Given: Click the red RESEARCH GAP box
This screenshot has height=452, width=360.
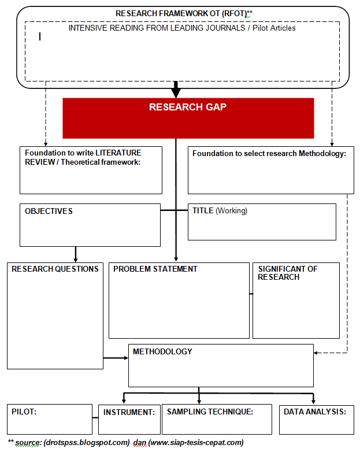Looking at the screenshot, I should pyautogui.click(x=188, y=118).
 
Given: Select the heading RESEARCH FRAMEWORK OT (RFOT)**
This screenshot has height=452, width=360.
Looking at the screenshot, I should pyautogui.click(x=184, y=13).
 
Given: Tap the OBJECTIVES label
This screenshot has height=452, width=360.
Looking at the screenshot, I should pyautogui.click(x=49, y=212).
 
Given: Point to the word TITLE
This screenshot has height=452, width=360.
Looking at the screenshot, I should pyautogui.click(x=203, y=211).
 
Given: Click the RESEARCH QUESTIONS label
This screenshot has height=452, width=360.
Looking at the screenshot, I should pyautogui.click(x=55, y=269).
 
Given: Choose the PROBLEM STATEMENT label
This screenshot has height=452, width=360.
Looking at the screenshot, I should pyautogui.click(x=155, y=269).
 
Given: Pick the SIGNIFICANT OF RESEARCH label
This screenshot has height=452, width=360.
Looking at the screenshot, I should pyautogui.click(x=287, y=273).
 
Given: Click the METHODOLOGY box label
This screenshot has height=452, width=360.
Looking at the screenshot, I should pyautogui.click(x=162, y=351).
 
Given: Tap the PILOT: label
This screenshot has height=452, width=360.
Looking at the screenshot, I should pyautogui.click(x=24, y=412).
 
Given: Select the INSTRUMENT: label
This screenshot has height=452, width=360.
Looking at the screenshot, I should pyautogui.click(x=129, y=412).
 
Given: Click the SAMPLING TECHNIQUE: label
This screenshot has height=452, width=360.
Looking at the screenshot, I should pyautogui.click(x=210, y=412).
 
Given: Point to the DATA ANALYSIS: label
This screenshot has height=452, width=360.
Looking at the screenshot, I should pyautogui.click(x=314, y=412).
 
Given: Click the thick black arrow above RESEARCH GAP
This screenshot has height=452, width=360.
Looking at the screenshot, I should pyautogui.click(x=176, y=89).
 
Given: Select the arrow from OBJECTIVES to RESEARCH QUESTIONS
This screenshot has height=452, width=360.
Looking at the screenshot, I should pyautogui.click(x=75, y=254).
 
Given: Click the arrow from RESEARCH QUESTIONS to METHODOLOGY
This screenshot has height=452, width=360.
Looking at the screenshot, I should pyautogui.click(x=116, y=358).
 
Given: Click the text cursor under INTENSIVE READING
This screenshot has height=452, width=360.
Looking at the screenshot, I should pyautogui.click(x=40, y=36).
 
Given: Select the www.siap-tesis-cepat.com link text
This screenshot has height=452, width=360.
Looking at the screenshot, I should pyautogui.click(x=196, y=443).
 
